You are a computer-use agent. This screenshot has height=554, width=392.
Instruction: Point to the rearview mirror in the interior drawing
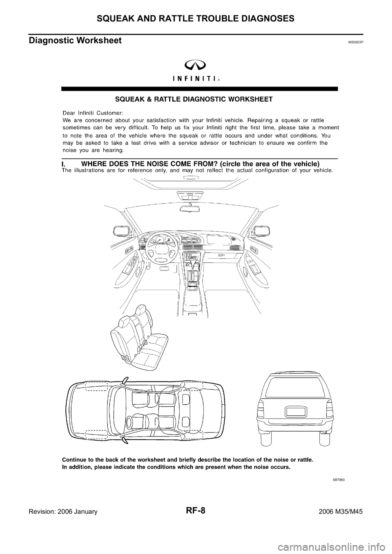[190, 208]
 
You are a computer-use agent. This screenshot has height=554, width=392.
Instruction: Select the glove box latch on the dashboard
[221, 255]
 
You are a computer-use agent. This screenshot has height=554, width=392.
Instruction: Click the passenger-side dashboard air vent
[236, 248]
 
